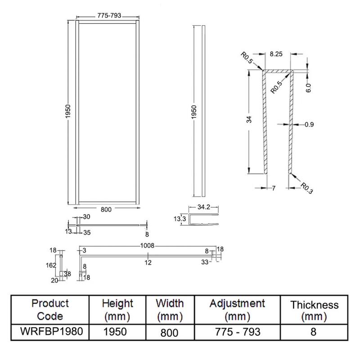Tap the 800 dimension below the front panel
pos(106,209)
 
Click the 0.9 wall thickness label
pos(309,125)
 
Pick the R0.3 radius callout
pos(306,188)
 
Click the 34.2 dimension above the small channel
pos(204,207)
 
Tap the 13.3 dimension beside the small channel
pos(181,219)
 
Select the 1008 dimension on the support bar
pos(148,246)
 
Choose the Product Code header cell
pos(50,309)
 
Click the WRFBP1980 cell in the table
pos(50,333)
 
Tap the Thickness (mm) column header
pos(314,311)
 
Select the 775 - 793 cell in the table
pos(237,333)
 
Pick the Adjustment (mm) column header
pos(237,309)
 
